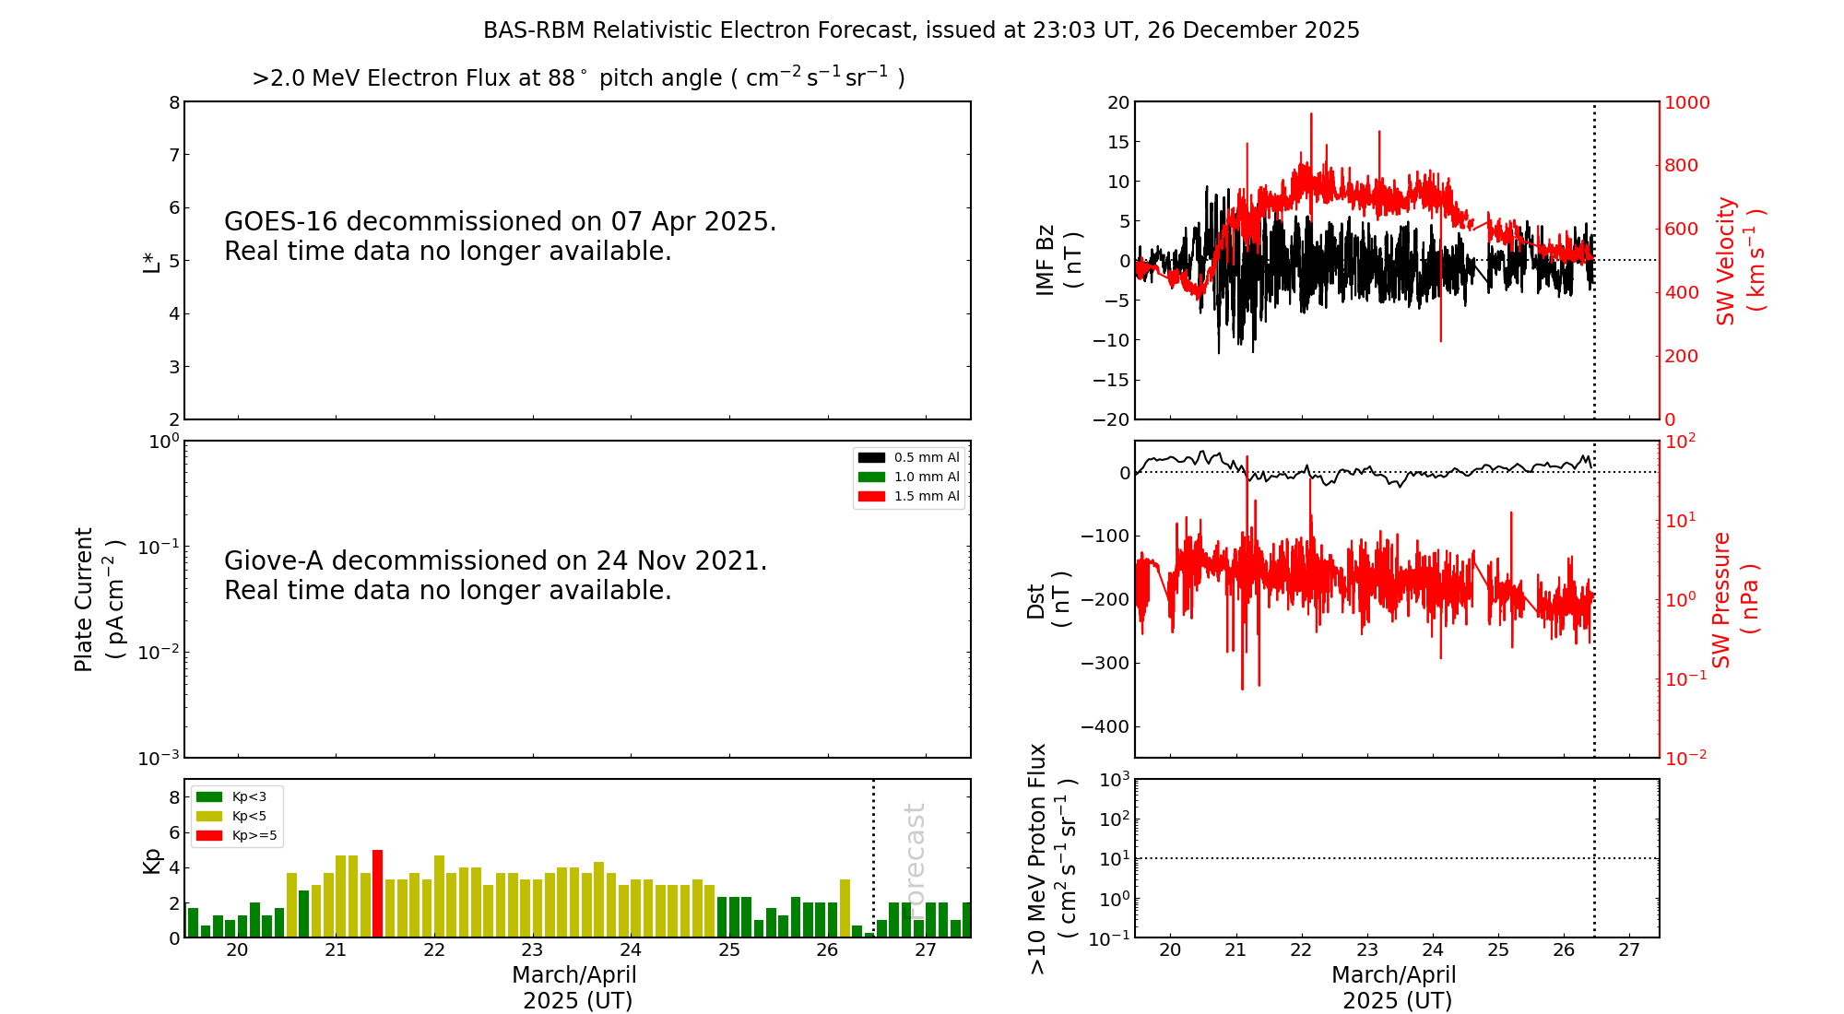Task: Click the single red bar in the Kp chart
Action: [x=377, y=893]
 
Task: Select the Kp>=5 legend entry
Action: [x=236, y=836]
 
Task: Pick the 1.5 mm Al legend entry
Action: [x=908, y=496]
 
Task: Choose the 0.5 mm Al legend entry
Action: [x=908, y=457]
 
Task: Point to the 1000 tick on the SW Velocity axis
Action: [x=1686, y=102]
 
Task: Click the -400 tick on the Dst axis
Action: [x=1105, y=726]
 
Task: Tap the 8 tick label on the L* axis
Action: [x=174, y=102]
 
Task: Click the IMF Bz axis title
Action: [x=1058, y=260]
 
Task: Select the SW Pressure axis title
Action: [x=1735, y=599]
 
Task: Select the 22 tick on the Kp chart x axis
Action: [x=434, y=950]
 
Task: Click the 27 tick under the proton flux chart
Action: [x=1629, y=950]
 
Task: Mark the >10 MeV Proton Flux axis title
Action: [x=1051, y=859]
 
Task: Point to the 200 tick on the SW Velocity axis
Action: [x=1681, y=356]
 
